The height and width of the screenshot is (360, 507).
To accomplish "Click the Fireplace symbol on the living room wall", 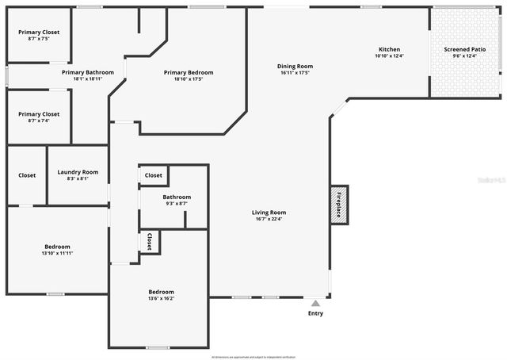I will coord(339,205).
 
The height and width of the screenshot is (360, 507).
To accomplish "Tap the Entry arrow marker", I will coord(315,302).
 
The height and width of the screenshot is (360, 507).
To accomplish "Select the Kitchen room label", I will coord(389,49).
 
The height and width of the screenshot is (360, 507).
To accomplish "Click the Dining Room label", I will coord(295,66).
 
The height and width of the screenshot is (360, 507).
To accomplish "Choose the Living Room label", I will coord(269,213).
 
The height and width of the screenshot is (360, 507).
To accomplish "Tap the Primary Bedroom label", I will coord(189,73).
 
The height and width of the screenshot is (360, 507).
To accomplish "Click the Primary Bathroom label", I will coord(88,72).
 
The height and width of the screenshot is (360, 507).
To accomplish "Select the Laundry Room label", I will coord(78,172).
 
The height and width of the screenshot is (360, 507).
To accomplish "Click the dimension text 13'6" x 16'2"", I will coord(161,299).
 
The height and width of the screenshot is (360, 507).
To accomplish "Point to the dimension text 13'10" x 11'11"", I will coord(57,253).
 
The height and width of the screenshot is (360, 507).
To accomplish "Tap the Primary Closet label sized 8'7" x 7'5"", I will coord(39,33).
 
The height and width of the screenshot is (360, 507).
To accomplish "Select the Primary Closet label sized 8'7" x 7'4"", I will coord(39,114).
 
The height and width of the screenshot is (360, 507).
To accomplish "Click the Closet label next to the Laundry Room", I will coord(27,175).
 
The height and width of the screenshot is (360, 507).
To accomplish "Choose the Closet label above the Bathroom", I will coord(154,175).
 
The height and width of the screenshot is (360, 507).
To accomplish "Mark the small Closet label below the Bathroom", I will coord(150,241).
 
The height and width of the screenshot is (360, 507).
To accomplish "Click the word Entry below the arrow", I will coord(315,314).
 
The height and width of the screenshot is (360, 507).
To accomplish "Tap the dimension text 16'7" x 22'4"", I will coord(269,220).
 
